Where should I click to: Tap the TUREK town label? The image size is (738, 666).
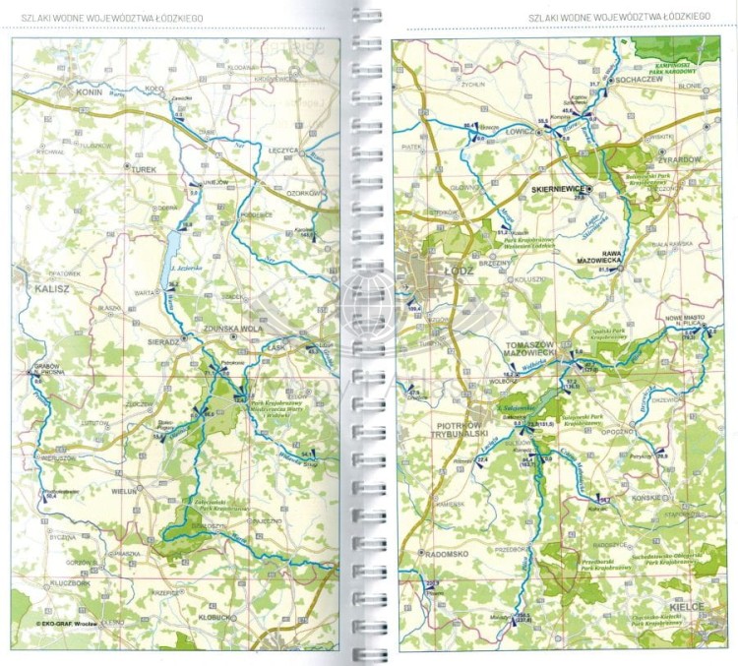(144, 170)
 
